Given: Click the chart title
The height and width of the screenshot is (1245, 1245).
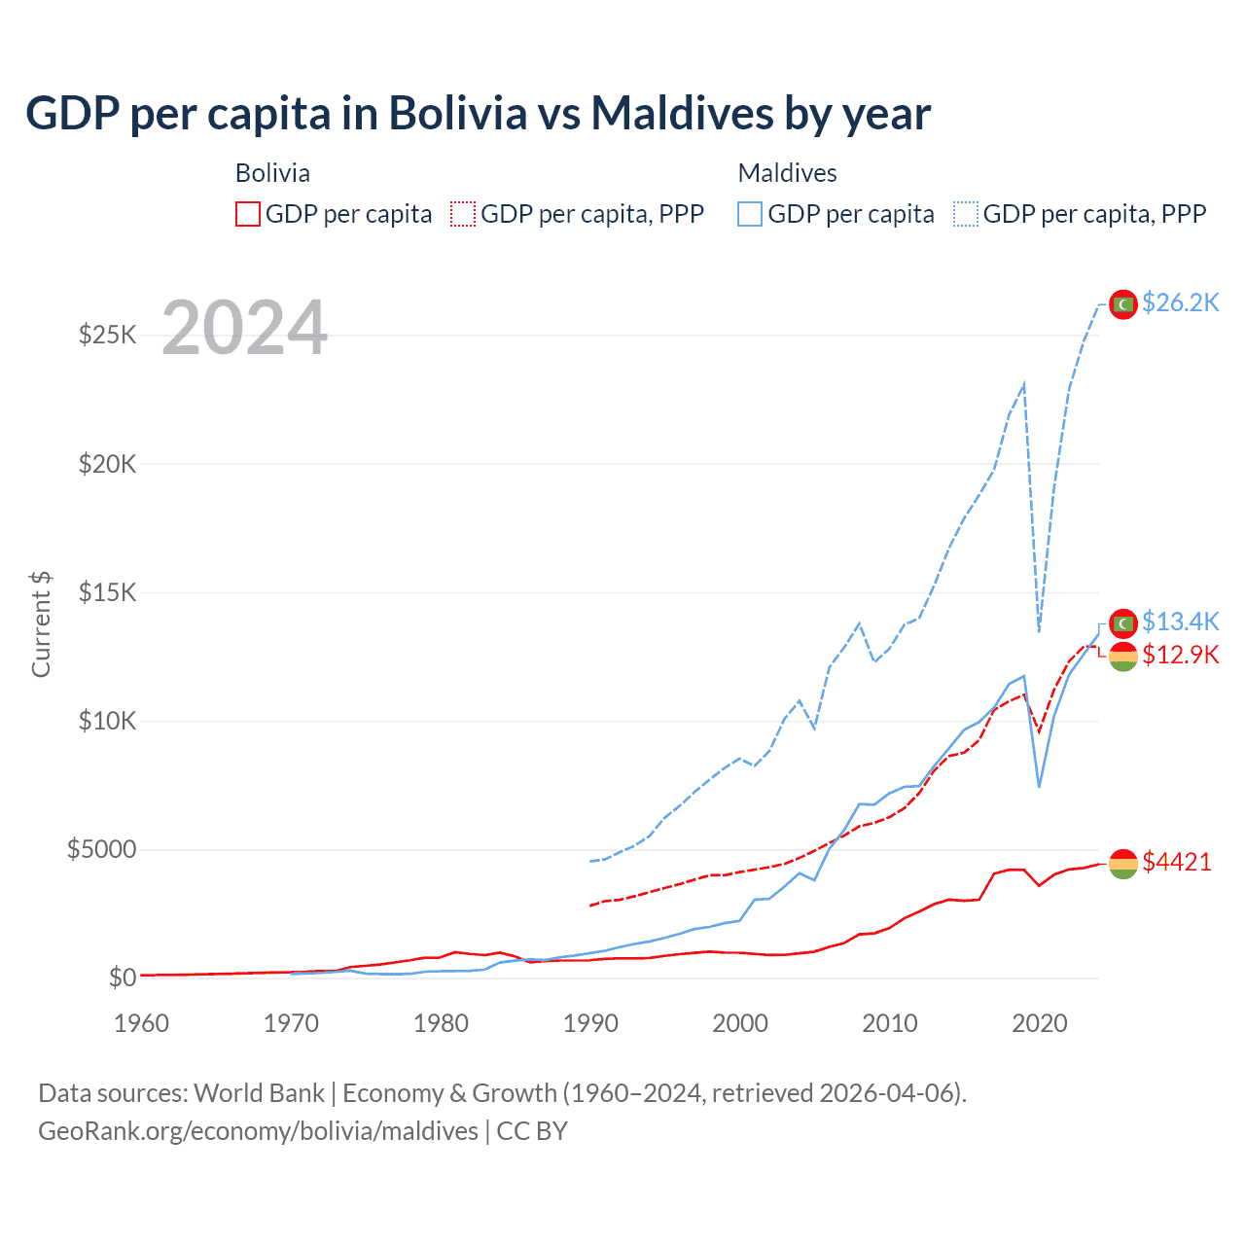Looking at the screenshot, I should [478, 113].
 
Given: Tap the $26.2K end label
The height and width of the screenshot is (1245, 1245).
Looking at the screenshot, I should [1180, 302].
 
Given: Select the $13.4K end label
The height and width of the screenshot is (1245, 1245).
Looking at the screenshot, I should [1180, 621].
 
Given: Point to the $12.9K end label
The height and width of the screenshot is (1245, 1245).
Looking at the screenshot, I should [1180, 654].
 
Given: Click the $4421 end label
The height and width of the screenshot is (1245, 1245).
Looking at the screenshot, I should [1176, 862].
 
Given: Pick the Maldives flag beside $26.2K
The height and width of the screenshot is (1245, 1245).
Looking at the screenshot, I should [1123, 304].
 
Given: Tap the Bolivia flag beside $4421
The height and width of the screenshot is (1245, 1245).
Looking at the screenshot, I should [1123, 864].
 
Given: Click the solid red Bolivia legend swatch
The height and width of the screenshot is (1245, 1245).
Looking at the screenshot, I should [248, 214].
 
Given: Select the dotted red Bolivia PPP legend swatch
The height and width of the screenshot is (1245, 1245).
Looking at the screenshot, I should [464, 214].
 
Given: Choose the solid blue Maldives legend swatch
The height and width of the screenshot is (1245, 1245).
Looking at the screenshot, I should [750, 214].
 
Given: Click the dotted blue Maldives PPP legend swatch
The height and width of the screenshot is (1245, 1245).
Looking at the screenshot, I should [966, 214].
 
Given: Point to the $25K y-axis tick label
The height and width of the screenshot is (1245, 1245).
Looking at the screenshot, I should [107, 336].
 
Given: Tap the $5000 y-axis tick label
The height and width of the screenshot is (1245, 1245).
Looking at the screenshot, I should [101, 849].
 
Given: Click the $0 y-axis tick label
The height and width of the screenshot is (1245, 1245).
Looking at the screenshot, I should [122, 978].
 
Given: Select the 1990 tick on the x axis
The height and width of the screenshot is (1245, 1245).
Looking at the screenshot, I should [590, 1023].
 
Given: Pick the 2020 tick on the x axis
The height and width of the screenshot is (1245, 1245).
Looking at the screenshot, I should [1040, 1023].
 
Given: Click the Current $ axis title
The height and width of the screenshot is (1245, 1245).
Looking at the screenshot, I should [41, 624].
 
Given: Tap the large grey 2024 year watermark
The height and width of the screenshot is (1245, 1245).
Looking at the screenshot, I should [244, 328].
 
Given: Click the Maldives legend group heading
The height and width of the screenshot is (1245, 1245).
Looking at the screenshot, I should [787, 173].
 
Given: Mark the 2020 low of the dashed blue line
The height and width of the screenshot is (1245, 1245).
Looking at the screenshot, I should [1040, 631].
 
